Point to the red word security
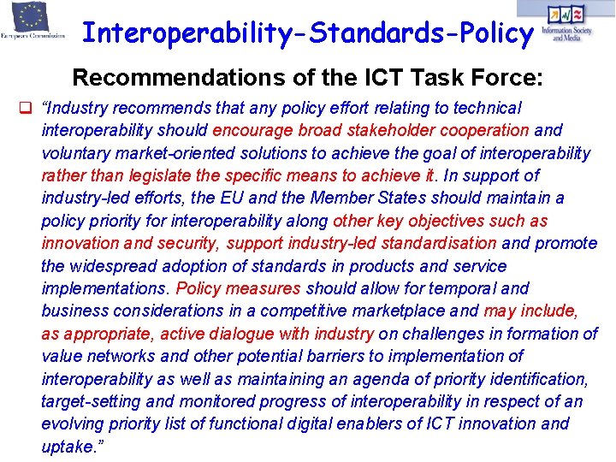pyautogui.click(x=185, y=244)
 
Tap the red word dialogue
pyautogui.click(x=240, y=334)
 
